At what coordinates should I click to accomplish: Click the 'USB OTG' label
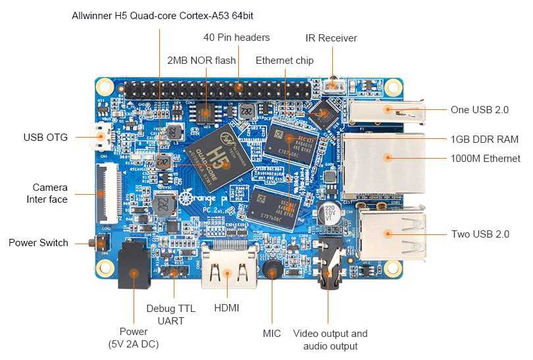[x=45, y=138]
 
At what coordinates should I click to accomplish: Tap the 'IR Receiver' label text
[x=331, y=38]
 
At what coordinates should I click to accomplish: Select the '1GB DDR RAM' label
[x=484, y=140]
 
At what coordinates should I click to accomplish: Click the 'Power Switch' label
[x=38, y=243]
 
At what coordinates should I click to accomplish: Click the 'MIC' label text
[x=272, y=334]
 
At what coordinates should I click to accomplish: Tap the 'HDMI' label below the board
[x=226, y=308]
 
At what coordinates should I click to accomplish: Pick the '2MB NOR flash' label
[x=201, y=61]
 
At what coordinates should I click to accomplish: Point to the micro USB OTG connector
[x=102, y=138]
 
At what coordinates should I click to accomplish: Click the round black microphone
[x=271, y=269]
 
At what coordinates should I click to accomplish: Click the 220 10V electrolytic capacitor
[x=328, y=214]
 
